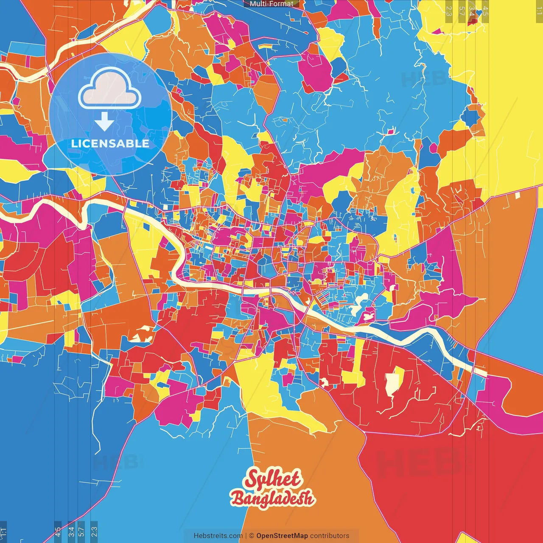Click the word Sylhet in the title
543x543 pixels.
pyautogui.click(x=273, y=479)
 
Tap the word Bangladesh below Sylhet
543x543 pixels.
pyautogui.click(x=272, y=498)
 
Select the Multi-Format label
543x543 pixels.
pyautogui.click(x=271, y=4)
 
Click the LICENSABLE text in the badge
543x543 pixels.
pyautogui.click(x=110, y=143)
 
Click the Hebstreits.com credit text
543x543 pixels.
pyautogui.click(x=218, y=536)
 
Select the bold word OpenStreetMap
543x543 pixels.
pyautogui.click(x=282, y=536)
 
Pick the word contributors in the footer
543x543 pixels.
pyautogui.click(x=330, y=536)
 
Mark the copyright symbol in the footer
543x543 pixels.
pyautogui.click(x=251, y=536)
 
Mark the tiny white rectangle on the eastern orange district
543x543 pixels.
pyautogui.click(x=518, y=196)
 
